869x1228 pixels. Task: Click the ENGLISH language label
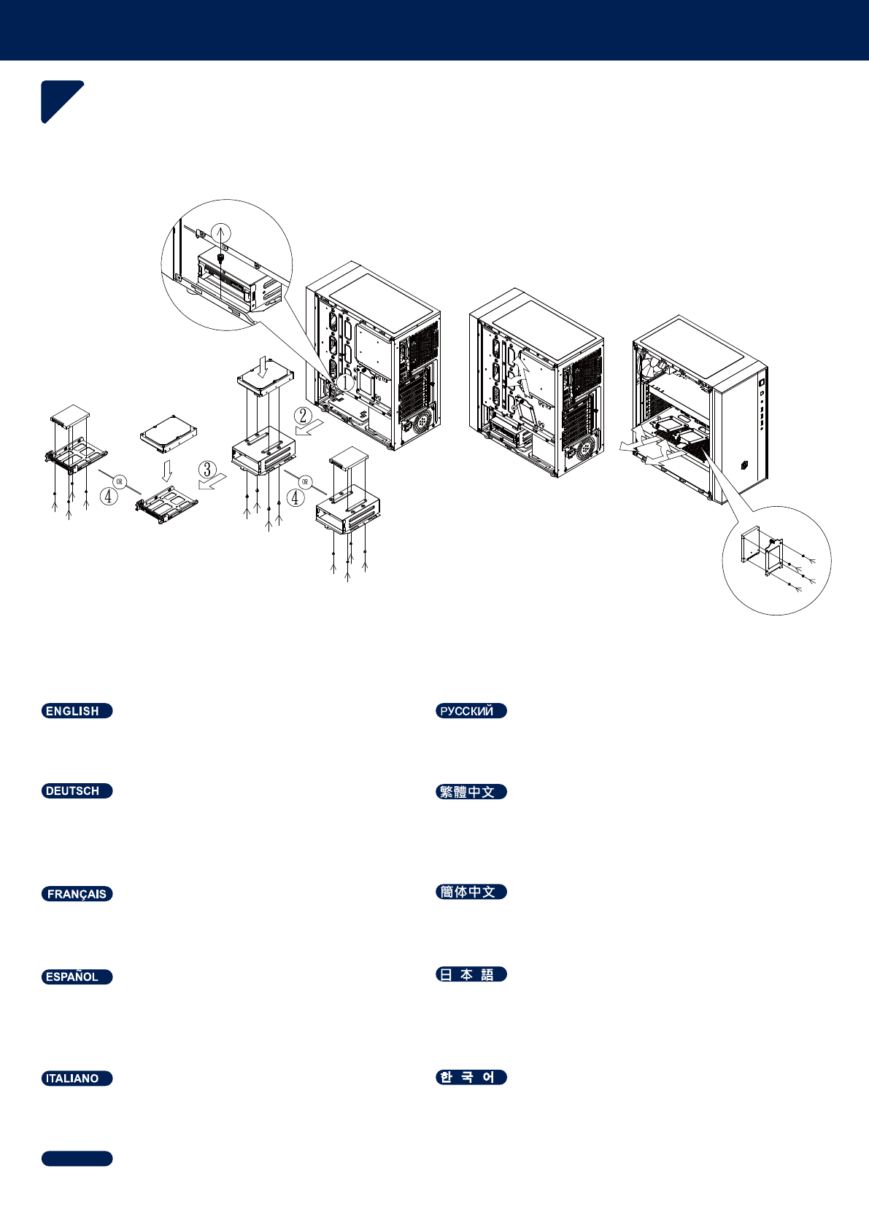[x=77, y=711]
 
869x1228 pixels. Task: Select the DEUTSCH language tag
[x=77, y=791]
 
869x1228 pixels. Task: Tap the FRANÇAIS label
[x=77, y=894]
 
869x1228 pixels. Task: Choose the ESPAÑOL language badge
[x=77, y=977]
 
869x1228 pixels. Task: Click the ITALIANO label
[x=77, y=1079]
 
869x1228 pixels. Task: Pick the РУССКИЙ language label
[x=471, y=711]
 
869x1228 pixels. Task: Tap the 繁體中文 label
[x=471, y=792]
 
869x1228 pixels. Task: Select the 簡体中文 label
[x=471, y=892]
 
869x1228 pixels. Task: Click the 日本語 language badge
[x=471, y=975]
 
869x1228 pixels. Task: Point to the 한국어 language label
[x=471, y=1077]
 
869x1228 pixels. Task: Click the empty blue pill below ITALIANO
[x=77, y=1159]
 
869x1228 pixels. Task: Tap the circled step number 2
[x=303, y=417]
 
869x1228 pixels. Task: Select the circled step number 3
[x=207, y=469]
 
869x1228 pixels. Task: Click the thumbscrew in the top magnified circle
[x=221, y=257]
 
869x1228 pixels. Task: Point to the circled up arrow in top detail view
[x=221, y=233]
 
